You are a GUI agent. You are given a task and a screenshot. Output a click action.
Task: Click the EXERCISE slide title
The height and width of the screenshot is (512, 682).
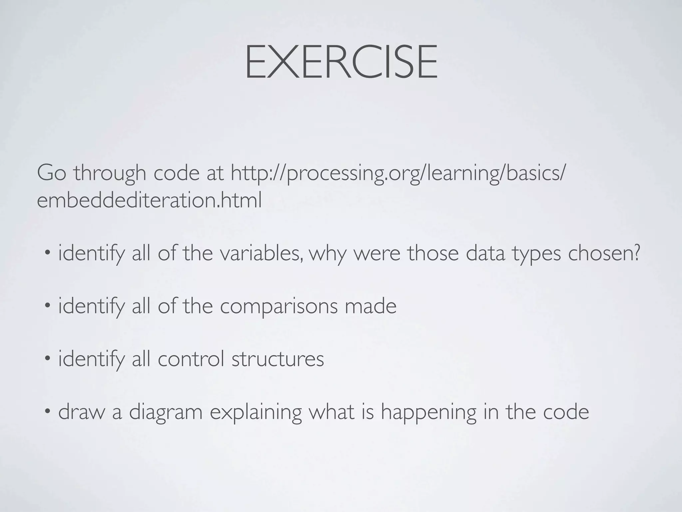(x=341, y=63)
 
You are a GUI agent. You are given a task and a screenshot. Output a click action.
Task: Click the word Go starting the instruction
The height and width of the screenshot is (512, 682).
(x=51, y=173)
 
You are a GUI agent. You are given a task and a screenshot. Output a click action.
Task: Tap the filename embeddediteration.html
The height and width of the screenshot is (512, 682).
(x=149, y=201)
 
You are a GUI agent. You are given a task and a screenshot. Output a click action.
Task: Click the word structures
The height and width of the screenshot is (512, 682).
(x=277, y=359)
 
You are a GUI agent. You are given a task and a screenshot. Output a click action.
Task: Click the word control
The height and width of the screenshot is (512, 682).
(x=190, y=359)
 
